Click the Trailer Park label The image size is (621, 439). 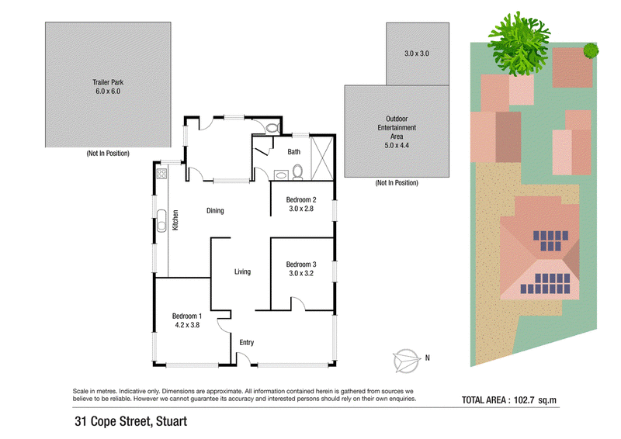tap(108, 82)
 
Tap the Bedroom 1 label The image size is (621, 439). tap(187, 316)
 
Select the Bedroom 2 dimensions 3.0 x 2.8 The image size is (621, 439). tap(301, 209)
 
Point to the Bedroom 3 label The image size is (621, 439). tap(301, 264)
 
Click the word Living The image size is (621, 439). tap(242, 271)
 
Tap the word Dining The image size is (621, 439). tap(215, 211)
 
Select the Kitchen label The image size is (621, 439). tap(175, 220)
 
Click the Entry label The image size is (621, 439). tap(246, 342)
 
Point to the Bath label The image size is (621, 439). tap(294, 151)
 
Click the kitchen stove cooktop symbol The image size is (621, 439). tap(161, 174)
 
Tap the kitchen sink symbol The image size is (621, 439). tap(161, 221)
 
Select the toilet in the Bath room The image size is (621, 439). tap(297, 172)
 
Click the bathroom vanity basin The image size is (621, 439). tap(282, 175)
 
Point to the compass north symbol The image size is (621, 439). tap(406, 361)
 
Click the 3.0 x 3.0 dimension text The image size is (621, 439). tap(417, 54)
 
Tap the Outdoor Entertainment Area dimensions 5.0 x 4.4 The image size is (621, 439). tap(397, 145)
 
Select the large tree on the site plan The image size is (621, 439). tap(519, 43)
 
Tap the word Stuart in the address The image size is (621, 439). tap(172, 421)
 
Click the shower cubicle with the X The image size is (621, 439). tap(322, 158)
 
